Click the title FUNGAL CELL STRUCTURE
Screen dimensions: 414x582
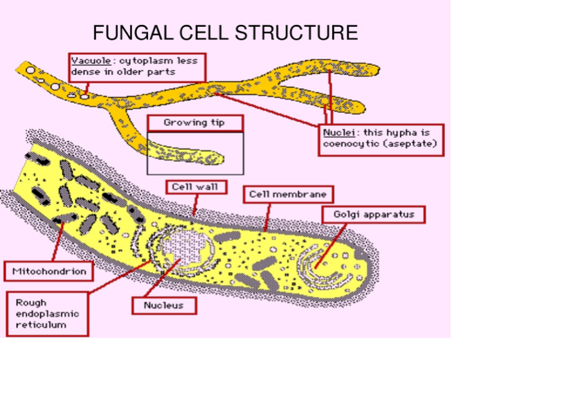(225, 33)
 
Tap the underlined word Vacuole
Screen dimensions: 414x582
(87, 60)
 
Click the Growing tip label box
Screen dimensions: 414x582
(194, 123)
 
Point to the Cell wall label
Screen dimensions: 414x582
(195, 186)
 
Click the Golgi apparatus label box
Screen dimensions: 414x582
(374, 215)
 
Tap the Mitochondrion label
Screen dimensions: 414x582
(49, 271)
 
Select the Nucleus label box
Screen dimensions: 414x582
(164, 305)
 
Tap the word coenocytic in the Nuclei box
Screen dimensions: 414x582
(349, 144)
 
